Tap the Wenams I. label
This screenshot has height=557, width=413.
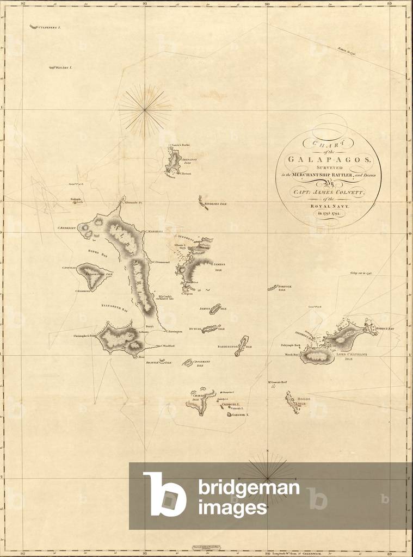[64, 67]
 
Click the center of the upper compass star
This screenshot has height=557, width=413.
[145, 110]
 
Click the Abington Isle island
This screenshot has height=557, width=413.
[175, 159]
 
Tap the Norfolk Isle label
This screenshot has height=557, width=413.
[285, 287]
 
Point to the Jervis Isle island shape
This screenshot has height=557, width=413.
[215, 308]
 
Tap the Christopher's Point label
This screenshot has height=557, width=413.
[84, 336]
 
